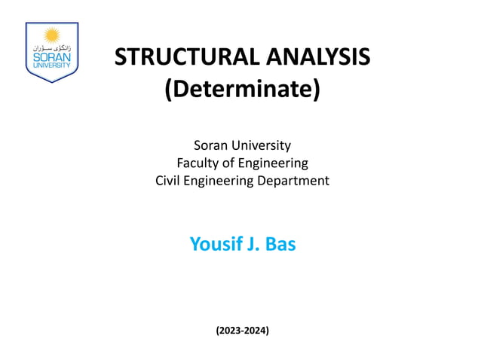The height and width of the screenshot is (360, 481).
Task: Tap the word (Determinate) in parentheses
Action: pyautogui.click(x=242, y=90)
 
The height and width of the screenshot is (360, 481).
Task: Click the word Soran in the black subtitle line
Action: pyautogui.click(x=212, y=145)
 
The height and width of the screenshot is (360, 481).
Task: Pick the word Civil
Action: pyautogui.click(x=169, y=181)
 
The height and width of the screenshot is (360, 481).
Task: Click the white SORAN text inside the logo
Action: pyautogui.click(x=51, y=56)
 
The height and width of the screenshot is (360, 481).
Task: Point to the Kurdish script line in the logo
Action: pyautogui.click(x=51, y=47)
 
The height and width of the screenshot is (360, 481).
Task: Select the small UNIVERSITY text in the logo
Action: pyautogui.click(x=51, y=66)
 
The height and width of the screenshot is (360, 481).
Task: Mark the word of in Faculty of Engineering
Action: pyautogui.click(x=236, y=163)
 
